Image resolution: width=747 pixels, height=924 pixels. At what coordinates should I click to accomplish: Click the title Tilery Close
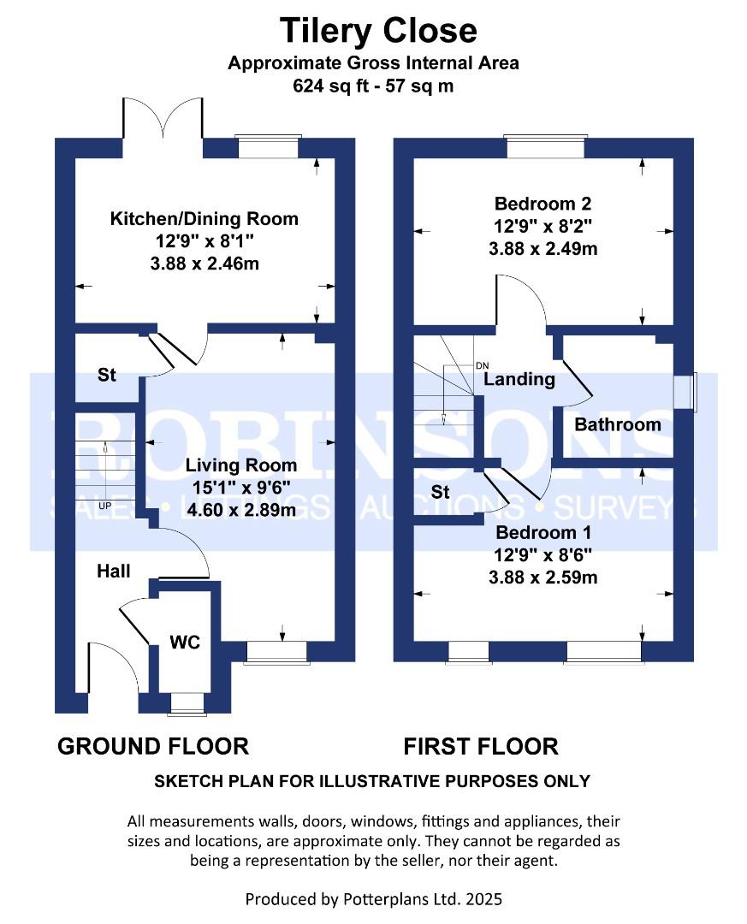(x=378, y=31)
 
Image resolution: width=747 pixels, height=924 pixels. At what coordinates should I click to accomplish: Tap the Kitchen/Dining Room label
(x=205, y=219)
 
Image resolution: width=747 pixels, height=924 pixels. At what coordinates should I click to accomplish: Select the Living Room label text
(x=242, y=465)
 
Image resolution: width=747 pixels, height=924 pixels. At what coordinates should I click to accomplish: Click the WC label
(x=185, y=643)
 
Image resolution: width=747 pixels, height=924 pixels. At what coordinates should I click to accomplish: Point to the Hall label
(x=114, y=571)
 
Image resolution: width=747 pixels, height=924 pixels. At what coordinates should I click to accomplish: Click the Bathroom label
(x=617, y=424)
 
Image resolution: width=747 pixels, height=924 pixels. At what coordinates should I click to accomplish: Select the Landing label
(x=519, y=379)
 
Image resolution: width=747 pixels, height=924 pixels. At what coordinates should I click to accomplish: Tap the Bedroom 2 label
(x=542, y=204)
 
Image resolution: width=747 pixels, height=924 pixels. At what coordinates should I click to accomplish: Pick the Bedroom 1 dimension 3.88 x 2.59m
(x=542, y=577)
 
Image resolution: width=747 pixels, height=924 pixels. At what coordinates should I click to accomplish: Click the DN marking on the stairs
(x=482, y=365)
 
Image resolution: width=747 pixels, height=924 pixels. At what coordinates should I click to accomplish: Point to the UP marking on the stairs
(x=106, y=506)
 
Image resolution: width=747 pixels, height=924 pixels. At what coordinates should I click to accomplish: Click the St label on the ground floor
(x=106, y=376)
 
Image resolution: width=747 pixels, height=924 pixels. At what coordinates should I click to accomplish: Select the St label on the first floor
(x=441, y=492)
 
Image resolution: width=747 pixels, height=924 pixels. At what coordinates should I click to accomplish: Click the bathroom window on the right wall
(x=685, y=392)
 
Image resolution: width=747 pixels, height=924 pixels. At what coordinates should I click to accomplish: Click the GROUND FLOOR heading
(x=153, y=746)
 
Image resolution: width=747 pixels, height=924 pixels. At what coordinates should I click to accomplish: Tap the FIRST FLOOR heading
(x=481, y=746)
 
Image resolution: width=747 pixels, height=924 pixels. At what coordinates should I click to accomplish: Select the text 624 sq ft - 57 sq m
(x=373, y=86)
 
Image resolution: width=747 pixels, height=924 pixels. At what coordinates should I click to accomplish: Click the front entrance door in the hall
(x=112, y=672)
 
